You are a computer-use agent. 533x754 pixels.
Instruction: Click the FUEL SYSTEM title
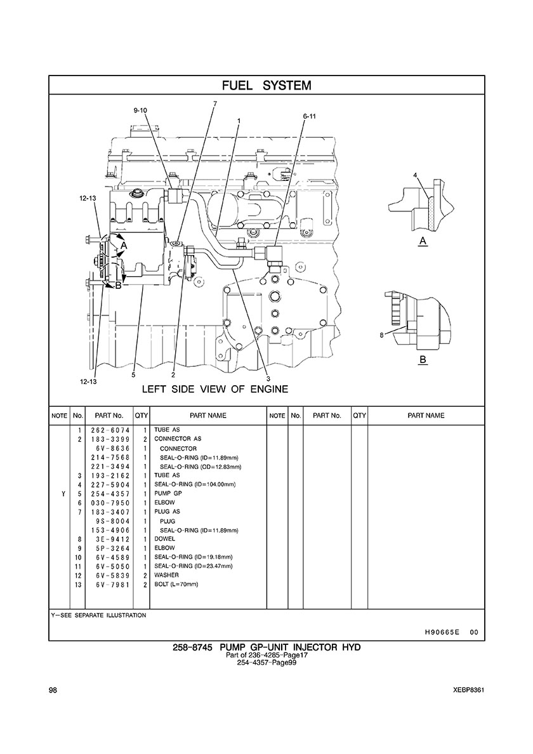tap(266, 86)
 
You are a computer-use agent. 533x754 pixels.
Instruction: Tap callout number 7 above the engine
tap(215, 103)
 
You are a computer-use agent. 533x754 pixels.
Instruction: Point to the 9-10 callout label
tap(140, 110)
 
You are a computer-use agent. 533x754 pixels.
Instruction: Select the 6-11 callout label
tap(310, 116)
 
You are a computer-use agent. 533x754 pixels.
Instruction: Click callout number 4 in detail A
tap(415, 175)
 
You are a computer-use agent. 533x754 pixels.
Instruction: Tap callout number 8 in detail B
tap(381, 335)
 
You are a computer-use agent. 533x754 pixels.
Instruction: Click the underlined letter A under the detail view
tap(423, 241)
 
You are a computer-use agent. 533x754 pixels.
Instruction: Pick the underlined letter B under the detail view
tap(423, 359)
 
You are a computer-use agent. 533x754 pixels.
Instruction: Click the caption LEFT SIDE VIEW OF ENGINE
tap(215, 389)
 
